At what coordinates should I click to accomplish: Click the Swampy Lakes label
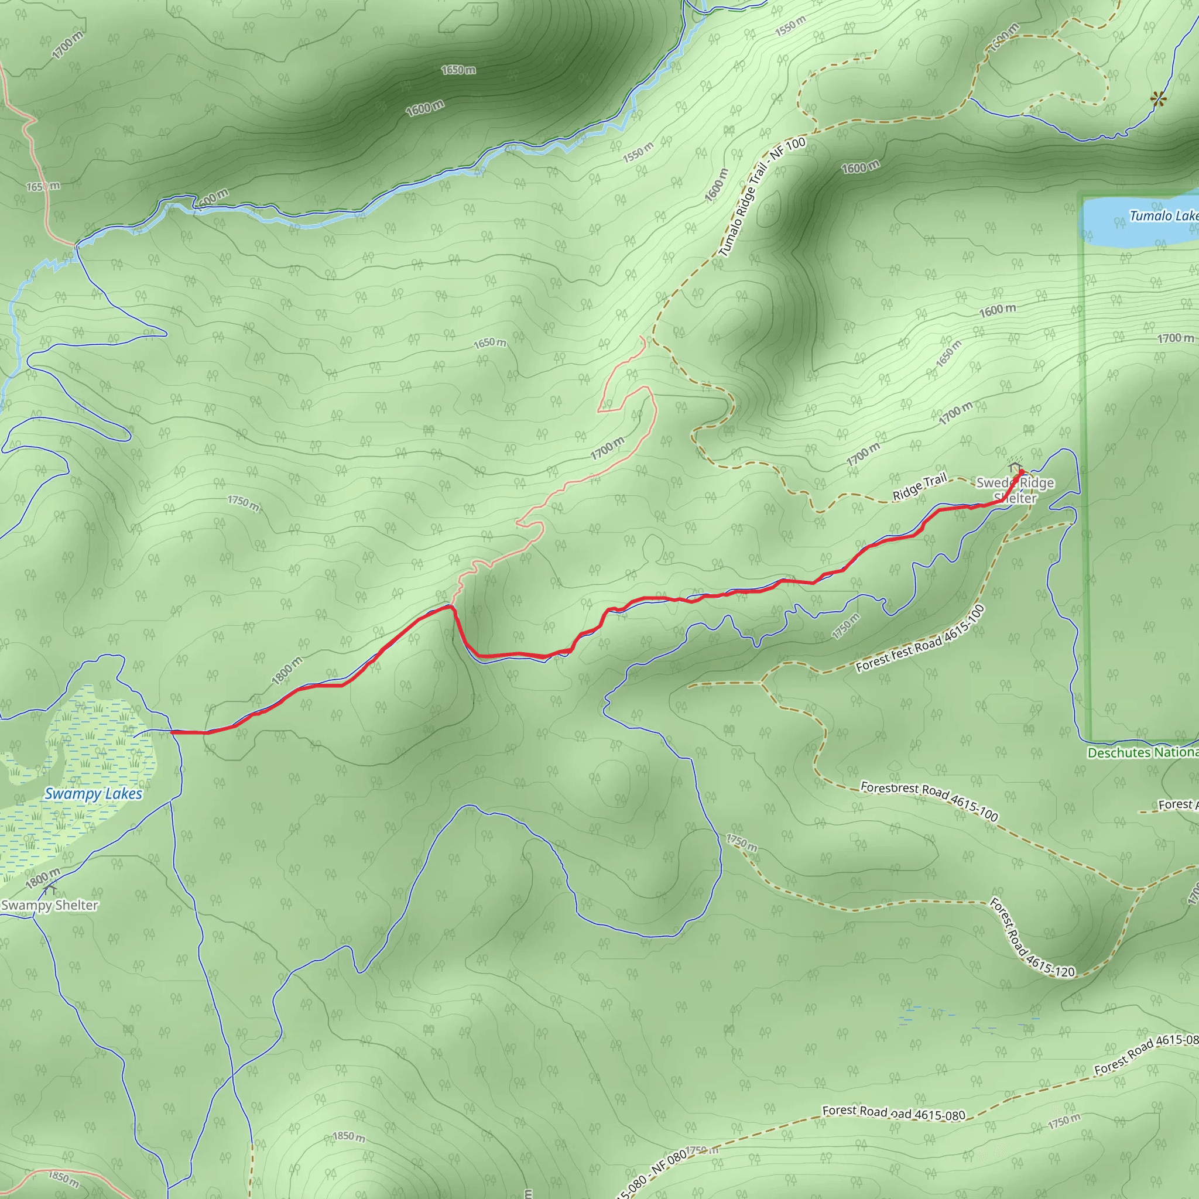tap(94, 794)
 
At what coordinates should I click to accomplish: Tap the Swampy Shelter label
tap(50, 906)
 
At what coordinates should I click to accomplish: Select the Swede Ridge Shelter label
tap(1015, 490)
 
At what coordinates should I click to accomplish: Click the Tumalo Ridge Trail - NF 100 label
tap(762, 197)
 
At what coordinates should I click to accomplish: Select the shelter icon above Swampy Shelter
tap(50, 890)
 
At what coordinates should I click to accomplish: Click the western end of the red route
tap(172, 732)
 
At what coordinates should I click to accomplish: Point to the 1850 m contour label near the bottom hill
tap(349, 1136)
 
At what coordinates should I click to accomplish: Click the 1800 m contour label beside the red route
tap(287, 671)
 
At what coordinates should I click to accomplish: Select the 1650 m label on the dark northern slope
tap(458, 70)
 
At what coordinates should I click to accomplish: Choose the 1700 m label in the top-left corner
tap(68, 45)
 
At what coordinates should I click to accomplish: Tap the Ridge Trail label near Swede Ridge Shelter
tap(920, 487)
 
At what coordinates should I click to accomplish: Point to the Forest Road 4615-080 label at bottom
tap(893, 1114)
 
